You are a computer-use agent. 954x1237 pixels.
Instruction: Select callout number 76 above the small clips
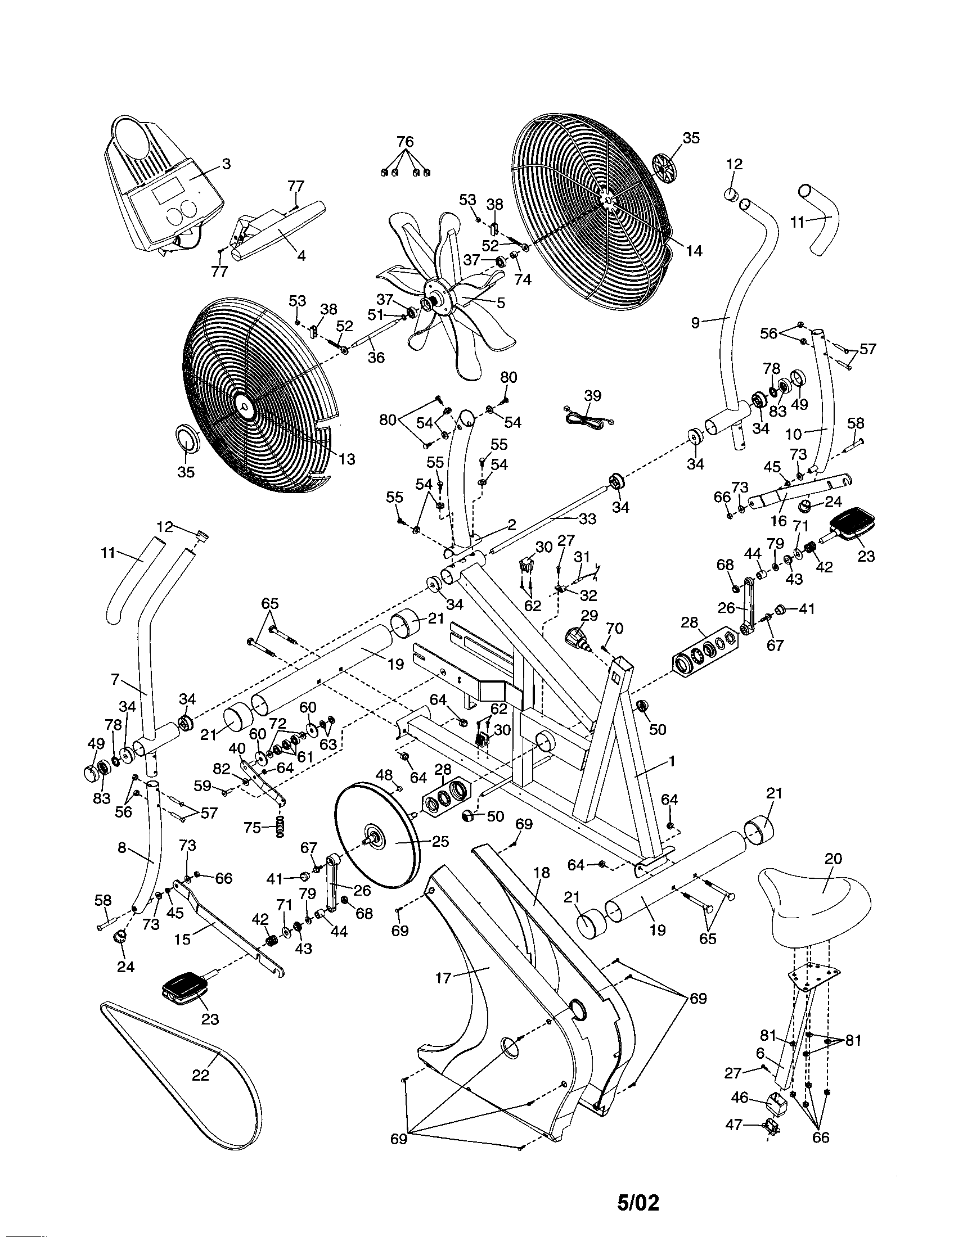[404, 141]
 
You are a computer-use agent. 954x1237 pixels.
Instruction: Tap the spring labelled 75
[280, 828]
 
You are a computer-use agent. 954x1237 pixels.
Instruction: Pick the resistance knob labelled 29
[577, 638]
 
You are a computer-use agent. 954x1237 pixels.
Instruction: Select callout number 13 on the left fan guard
[346, 459]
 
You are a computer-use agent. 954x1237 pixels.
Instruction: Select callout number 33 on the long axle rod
[587, 518]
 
